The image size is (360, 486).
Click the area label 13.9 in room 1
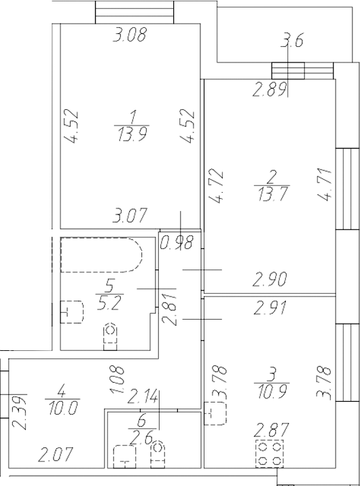(x=132, y=134)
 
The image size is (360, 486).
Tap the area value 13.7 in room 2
(x=271, y=194)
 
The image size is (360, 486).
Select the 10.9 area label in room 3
(x=272, y=392)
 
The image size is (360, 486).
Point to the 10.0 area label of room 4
(x=62, y=407)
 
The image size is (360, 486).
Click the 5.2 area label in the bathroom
(x=108, y=303)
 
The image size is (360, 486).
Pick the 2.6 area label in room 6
(x=141, y=438)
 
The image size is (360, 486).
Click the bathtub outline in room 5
(x=101, y=255)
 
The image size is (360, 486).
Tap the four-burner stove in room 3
(x=270, y=453)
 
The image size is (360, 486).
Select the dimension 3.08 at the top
(x=129, y=35)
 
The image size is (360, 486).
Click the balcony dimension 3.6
(x=291, y=41)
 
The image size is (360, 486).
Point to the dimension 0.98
(x=177, y=242)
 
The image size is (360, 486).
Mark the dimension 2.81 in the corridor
(x=170, y=310)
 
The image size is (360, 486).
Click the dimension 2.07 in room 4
(x=55, y=454)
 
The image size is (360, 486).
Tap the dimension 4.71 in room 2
(x=325, y=185)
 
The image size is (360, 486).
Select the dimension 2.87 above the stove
(x=271, y=430)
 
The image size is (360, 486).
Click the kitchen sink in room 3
(x=215, y=413)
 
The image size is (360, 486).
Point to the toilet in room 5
(x=110, y=337)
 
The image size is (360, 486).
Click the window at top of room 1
(x=134, y=12)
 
